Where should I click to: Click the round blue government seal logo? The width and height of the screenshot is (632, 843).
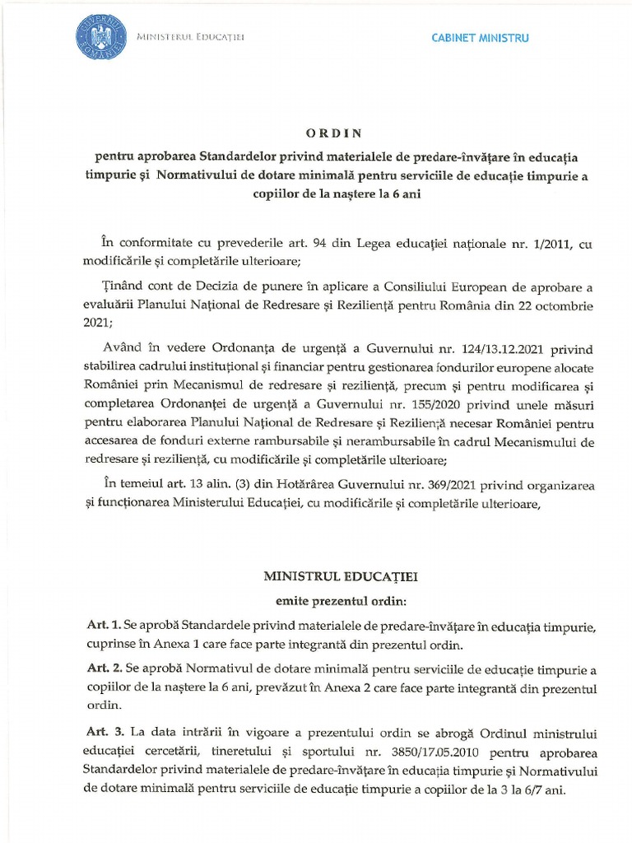tap(101, 38)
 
